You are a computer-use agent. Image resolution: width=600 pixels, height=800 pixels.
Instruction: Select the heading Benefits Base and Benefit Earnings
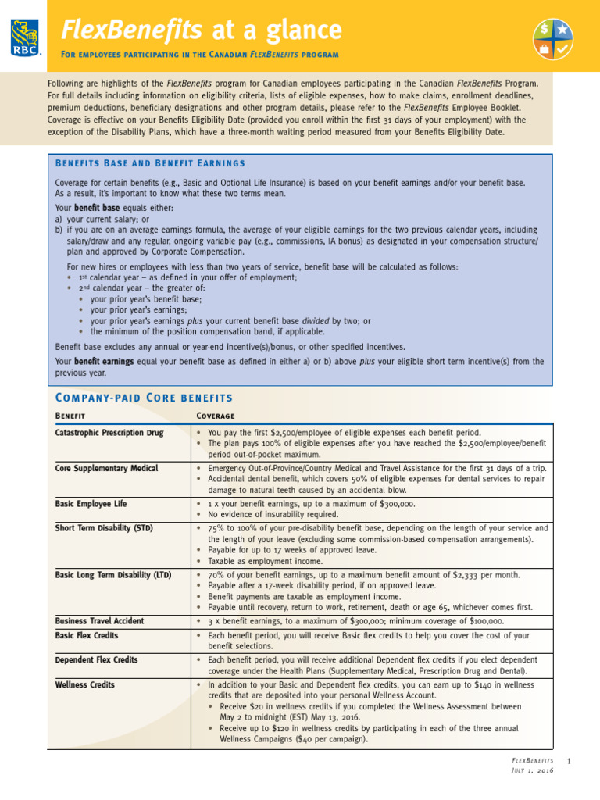coord(150,163)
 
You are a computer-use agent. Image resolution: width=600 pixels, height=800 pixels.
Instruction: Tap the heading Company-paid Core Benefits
coord(144,398)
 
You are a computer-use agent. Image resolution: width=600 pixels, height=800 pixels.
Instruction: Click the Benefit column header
coord(70,416)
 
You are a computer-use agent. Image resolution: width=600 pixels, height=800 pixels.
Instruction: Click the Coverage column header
coord(216,416)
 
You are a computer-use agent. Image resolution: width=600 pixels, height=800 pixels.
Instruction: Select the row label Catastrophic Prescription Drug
coord(109,433)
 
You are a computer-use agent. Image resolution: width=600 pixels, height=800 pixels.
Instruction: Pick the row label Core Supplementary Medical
coord(106,468)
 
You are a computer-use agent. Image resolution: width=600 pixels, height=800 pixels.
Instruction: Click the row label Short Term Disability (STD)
coord(104,528)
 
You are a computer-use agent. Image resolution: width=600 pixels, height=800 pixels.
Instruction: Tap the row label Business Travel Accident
coord(99,621)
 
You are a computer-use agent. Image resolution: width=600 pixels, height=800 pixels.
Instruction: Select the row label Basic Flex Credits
coord(87,636)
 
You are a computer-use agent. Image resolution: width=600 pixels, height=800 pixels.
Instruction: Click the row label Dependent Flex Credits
coord(96,660)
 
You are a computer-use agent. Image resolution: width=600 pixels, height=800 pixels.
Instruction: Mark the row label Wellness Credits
coord(84,685)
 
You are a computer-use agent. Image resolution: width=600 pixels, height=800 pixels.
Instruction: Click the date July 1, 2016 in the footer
coord(533,771)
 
